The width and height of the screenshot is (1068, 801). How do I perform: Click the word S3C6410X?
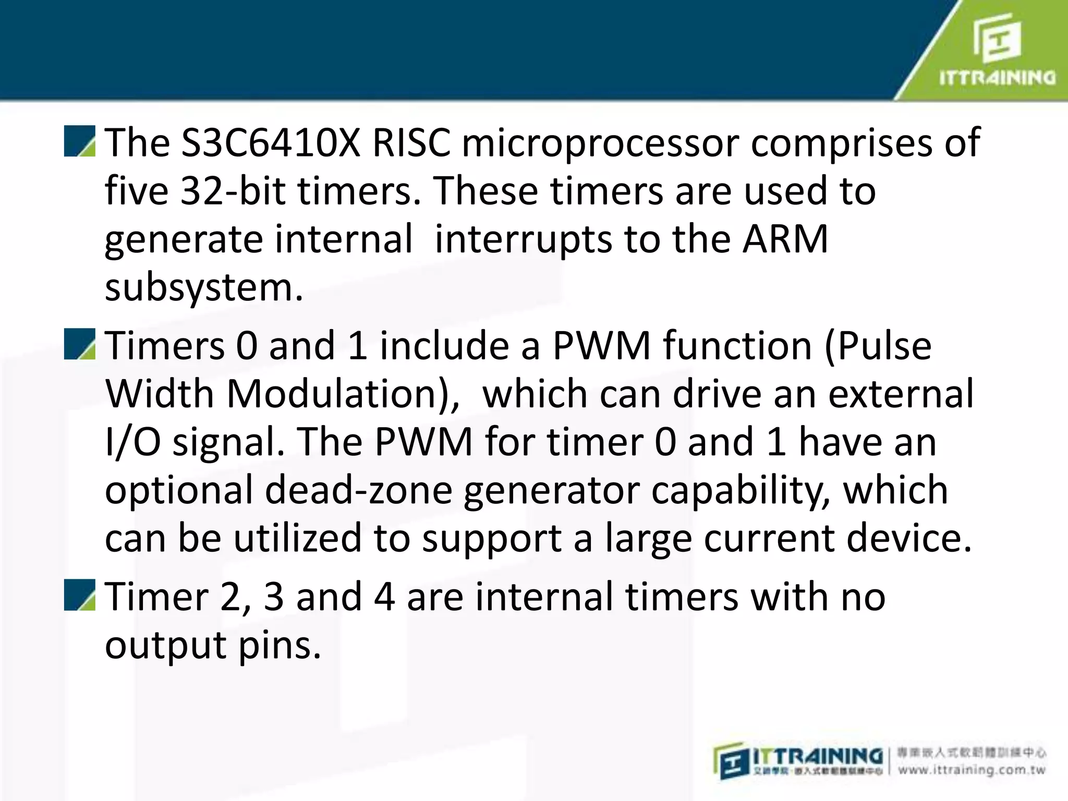[x=270, y=143]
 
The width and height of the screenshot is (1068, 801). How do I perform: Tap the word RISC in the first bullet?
[x=411, y=143]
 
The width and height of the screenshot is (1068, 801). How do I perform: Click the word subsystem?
[x=203, y=288]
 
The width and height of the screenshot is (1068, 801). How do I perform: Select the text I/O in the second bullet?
[x=132, y=442]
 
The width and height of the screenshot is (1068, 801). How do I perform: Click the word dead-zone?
[x=358, y=490]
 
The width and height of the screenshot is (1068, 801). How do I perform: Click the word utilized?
[x=297, y=538]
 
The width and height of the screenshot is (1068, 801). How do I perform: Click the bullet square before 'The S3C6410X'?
[x=79, y=141]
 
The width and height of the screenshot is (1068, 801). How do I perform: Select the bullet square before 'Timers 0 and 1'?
[x=79, y=344]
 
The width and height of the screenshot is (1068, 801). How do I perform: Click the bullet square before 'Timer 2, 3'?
[x=79, y=594]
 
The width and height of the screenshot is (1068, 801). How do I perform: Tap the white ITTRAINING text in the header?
[x=997, y=78]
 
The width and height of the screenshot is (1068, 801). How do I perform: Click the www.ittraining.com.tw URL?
[x=971, y=770]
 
